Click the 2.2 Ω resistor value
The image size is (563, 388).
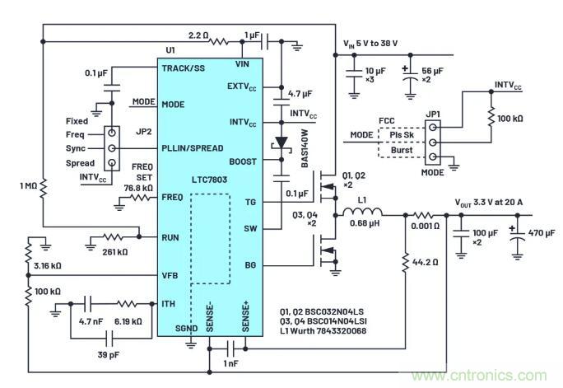click(x=200, y=35)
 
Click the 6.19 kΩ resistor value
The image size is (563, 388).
click(x=122, y=320)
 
